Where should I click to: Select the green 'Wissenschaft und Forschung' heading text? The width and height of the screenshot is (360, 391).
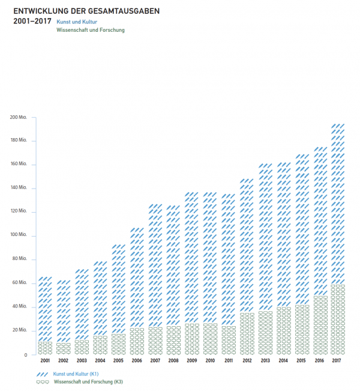pyautogui.click(x=89, y=29)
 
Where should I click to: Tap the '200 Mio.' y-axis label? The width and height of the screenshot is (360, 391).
pyautogui.click(x=19, y=117)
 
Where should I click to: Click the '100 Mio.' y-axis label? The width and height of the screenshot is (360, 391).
pyautogui.click(x=19, y=235)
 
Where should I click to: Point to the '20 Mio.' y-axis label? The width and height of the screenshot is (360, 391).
pyautogui.click(x=20, y=330)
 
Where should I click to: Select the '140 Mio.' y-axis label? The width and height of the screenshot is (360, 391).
pyautogui.click(x=19, y=188)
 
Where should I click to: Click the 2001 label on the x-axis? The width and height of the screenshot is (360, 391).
pyautogui.click(x=45, y=361)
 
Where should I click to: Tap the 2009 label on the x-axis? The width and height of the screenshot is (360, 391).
pyautogui.click(x=191, y=361)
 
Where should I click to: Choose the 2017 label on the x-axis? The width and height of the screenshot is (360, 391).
pyautogui.click(x=338, y=361)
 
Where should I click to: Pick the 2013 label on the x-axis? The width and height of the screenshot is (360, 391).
pyautogui.click(x=265, y=361)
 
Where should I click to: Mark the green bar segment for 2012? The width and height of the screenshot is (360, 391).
pyautogui.click(x=247, y=334)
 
